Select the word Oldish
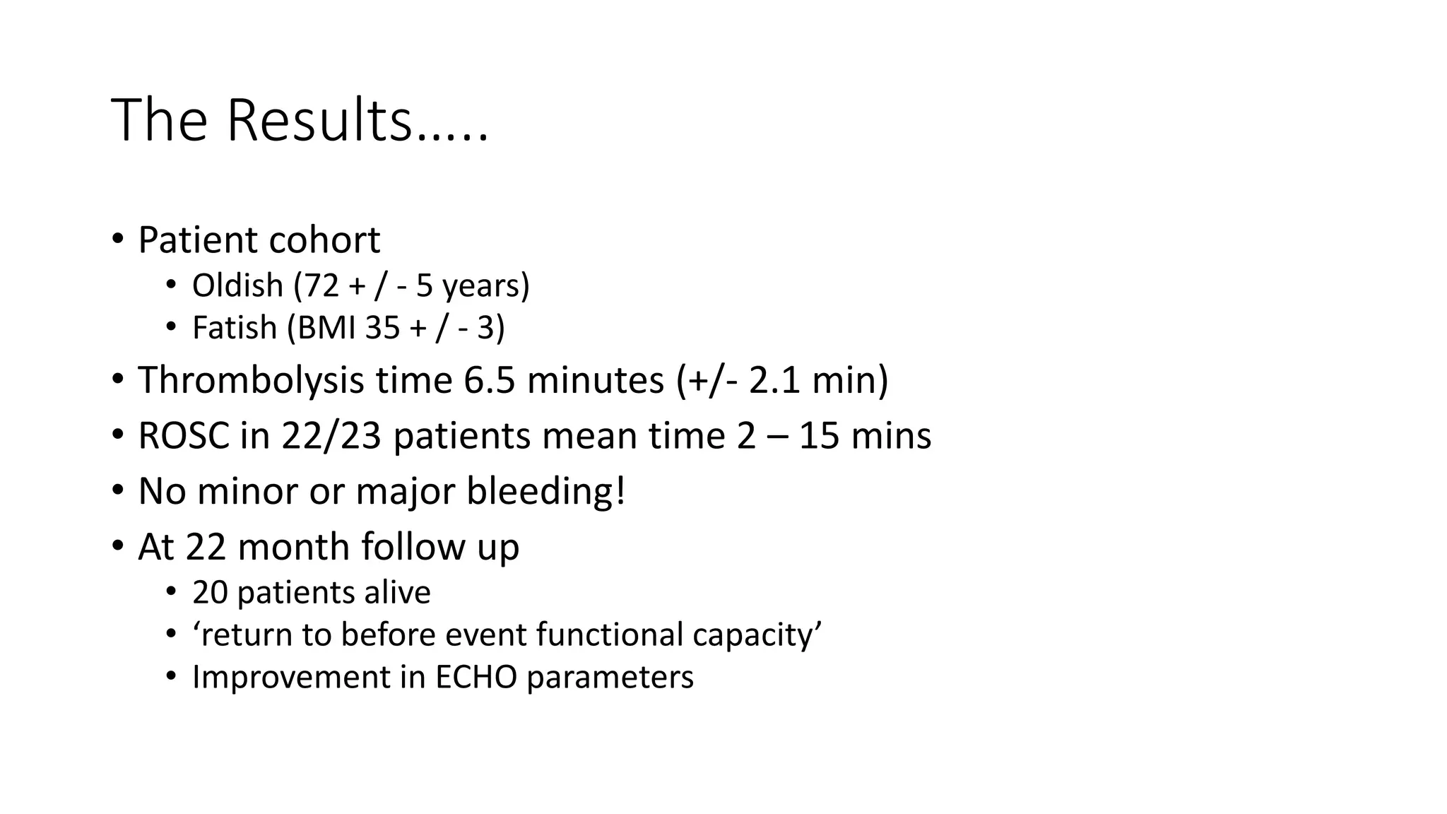pos(237,286)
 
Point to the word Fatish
pos(234,329)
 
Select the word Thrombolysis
pos(251,380)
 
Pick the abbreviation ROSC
pos(184,436)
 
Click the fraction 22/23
pos(331,436)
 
